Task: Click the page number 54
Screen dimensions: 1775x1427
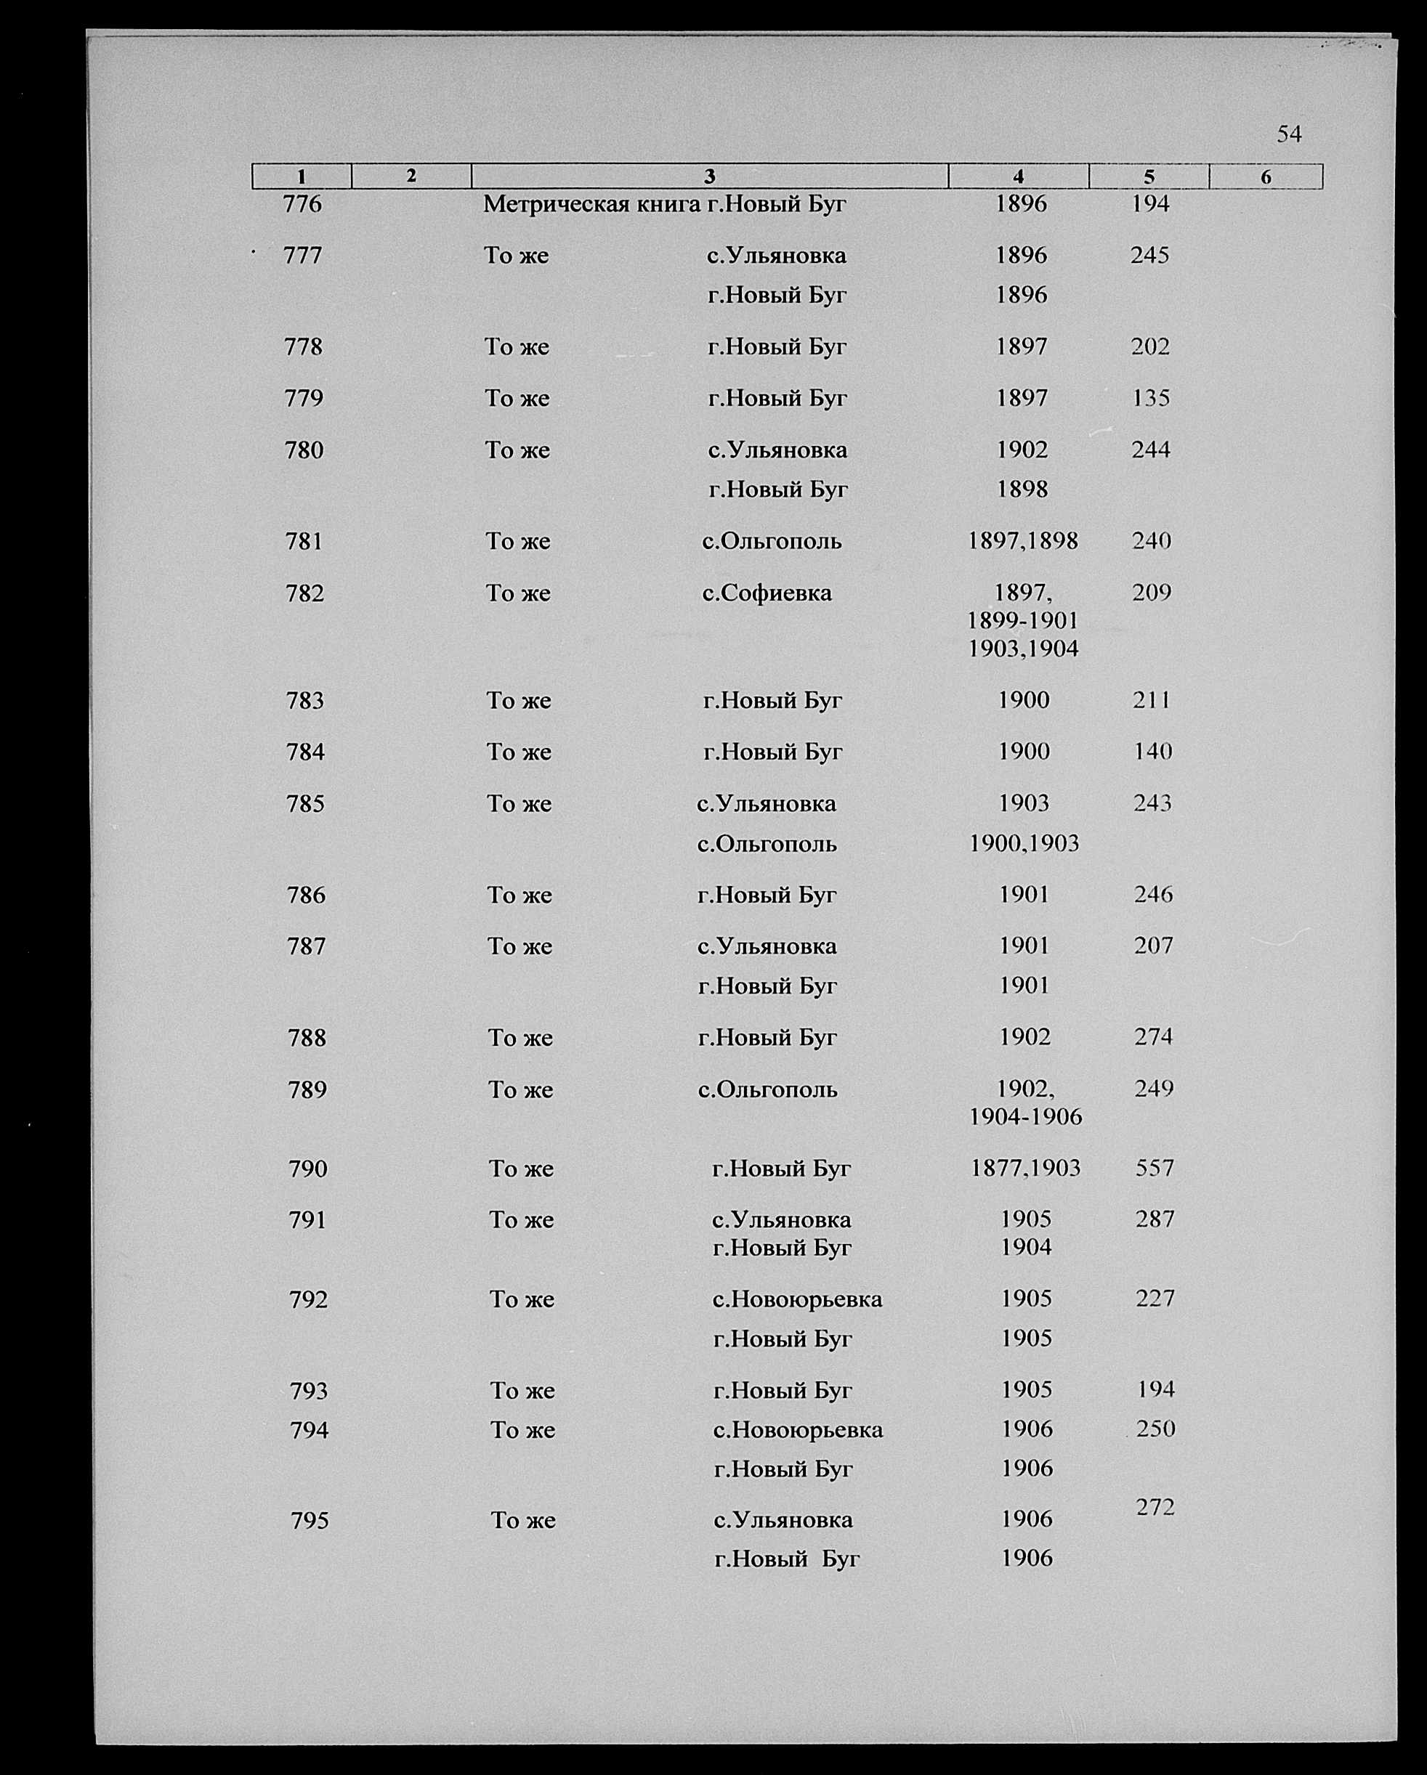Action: point(1289,134)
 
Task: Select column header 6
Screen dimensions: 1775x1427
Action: point(1266,176)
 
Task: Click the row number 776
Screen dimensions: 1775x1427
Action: point(302,204)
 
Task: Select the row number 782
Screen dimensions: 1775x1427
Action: point(304,593)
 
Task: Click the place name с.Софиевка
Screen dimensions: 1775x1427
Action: point(767,593)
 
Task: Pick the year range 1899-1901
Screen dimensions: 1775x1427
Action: point(1023,620)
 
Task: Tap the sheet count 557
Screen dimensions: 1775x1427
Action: point(1154,1167)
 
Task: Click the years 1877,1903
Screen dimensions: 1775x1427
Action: point(1025,1167)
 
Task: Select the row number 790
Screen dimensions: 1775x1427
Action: point(308,1169)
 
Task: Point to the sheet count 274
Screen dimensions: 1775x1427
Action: point(1153,1036)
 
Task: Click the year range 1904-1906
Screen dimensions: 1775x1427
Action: point(1025,1117)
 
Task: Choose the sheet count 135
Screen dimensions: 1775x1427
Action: point(1150,399)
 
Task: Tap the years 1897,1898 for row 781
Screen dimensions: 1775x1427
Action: point(1023,541)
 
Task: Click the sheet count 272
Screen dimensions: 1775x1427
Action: point(1155,1506)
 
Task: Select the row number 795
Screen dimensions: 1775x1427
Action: point(310,1521)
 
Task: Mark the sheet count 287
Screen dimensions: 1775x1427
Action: point(1155,1219)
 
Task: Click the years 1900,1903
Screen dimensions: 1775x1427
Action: point(1024,843)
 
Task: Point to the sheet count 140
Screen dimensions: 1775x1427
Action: point(1152,751)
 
